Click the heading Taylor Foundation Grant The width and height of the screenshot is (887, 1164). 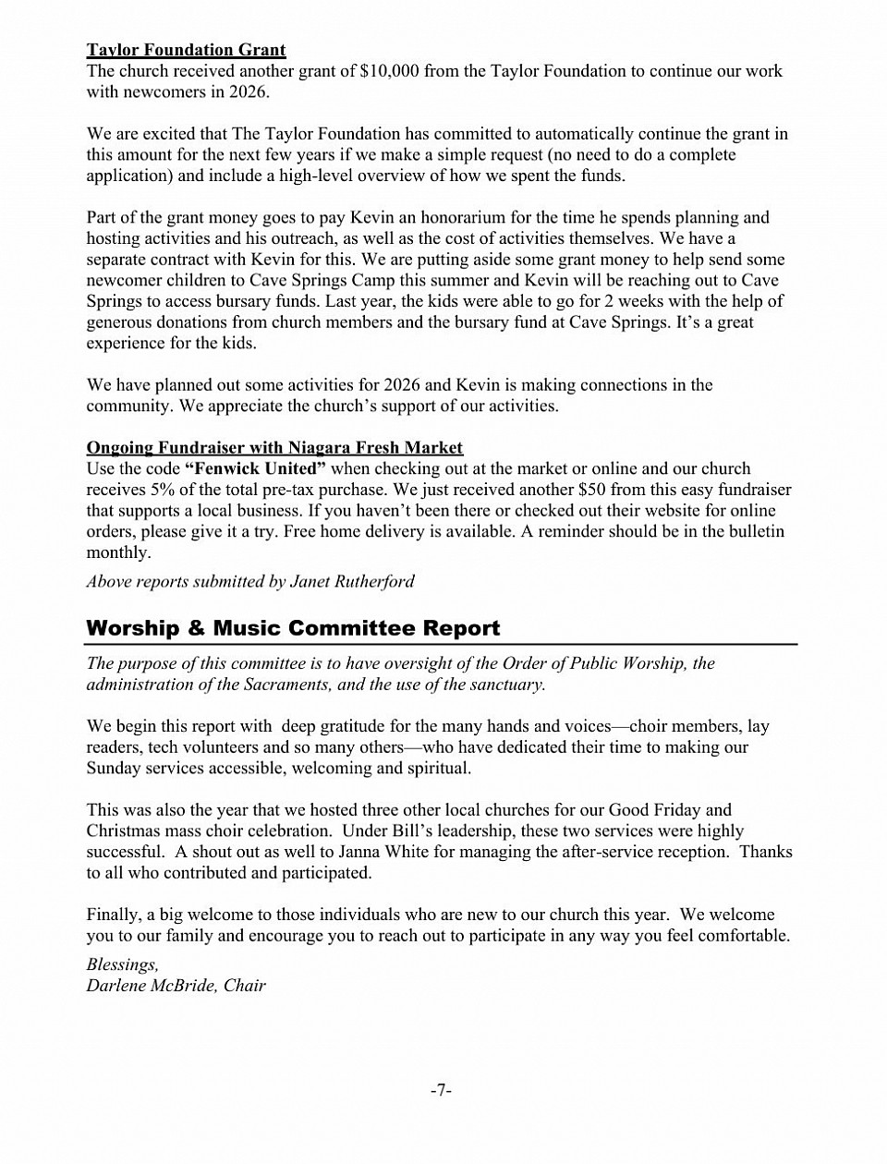[186, 50]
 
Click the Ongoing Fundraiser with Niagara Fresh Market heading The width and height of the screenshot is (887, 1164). [274, 448]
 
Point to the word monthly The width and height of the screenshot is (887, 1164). [117, 552]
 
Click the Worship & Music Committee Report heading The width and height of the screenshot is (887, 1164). [293, 628]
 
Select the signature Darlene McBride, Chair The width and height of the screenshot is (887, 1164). [176, 986]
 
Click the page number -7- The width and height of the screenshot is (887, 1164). [442, 1091]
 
